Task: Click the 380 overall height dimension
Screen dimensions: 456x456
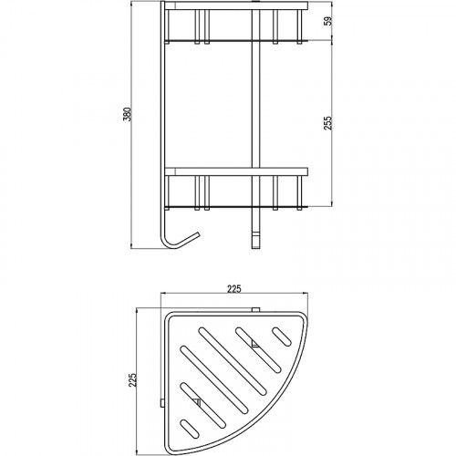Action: [130, 114]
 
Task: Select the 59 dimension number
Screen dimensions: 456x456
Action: [328, 21]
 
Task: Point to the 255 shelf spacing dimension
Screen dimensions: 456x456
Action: [328, 123]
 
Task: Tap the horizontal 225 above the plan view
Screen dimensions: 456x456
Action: [234, 289]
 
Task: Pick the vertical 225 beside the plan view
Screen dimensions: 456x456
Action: [132, 380]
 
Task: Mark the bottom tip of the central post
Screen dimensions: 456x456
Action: [255, 248]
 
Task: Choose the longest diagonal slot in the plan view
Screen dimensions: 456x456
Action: [233, 361]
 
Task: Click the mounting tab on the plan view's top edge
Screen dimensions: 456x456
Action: [255, 310]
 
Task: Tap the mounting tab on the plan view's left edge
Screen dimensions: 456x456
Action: [162, 403]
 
